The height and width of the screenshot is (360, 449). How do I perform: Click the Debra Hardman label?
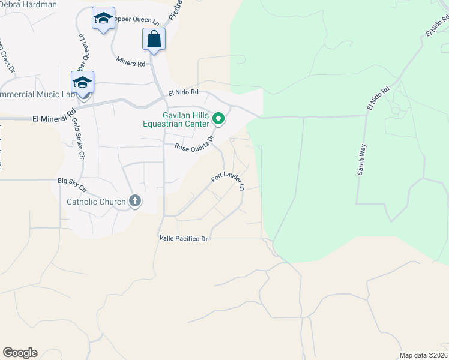(x=28, y=5)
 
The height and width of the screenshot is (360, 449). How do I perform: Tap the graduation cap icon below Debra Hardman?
(x=103, y=19)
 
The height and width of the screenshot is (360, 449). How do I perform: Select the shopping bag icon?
(x=154, y=40)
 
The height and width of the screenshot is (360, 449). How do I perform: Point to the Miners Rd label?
(x=131, y=63)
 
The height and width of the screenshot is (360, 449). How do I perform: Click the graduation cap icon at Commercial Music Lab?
(x=82, y=82)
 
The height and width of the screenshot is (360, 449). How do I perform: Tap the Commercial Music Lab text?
(x=37, y=95)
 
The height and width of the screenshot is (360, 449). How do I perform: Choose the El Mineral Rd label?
(x=55, y=116)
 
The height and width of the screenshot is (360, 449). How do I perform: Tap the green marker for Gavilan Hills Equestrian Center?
(x=219, y=120)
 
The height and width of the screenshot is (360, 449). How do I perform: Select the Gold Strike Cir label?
(x=78, y=138)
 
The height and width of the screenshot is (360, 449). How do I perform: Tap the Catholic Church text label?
(x=96, y=202)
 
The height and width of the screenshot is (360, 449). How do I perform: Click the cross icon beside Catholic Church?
(x=135, y=202)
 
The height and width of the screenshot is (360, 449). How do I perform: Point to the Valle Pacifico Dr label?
(x=184, y=239)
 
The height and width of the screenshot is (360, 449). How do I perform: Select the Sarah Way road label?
(x=362, y=158)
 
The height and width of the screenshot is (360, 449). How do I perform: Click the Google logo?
(x=20, y=353)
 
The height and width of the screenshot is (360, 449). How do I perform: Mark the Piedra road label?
(x=175, y=11)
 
